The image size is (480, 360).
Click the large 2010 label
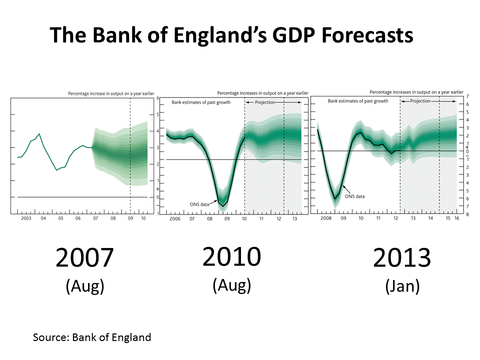[x=231, y=257]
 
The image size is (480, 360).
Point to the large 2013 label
[x=402, y=258]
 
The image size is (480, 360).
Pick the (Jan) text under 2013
[x=402, y=286]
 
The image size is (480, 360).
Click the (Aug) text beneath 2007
[x=85, y=286]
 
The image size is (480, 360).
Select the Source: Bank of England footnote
[x=92, y=337]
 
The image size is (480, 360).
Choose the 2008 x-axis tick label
[x=325, y=218]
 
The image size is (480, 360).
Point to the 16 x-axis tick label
[x=456, y=218]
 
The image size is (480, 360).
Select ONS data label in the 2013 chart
[x=354, y=196]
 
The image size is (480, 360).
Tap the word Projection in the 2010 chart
[x=265, y=102]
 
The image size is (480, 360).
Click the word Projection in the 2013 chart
[x=420, y=100]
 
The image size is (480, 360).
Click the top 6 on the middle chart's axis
[x=157, y=98]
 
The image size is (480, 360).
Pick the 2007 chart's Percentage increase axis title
[x=111, y=93]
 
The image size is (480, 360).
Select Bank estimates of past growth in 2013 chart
[x=358, y=101]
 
